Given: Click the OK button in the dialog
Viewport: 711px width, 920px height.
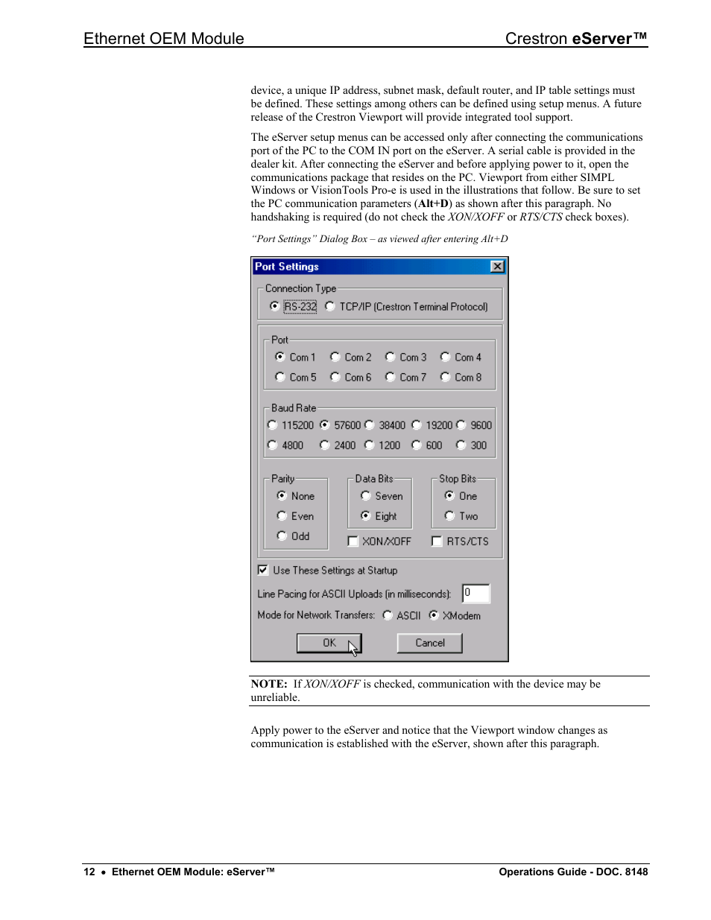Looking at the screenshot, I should [x=329, y=643].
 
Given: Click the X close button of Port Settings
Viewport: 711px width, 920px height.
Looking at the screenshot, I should [x=497, y=267].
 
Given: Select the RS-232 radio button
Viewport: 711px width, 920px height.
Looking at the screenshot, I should [x=275, y=306].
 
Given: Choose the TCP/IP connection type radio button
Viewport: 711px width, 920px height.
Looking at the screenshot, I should [x=330, y=306].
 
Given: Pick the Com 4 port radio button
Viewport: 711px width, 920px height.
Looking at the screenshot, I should [x=445, y=357].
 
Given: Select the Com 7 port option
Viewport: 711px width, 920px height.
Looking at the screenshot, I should [x=390, y=377].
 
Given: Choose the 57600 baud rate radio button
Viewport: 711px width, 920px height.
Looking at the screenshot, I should [x=324, y=425].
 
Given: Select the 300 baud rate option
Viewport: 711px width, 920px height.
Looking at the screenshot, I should [x=461, y=445].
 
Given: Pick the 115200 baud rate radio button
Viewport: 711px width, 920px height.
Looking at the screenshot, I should [x=272, y=425].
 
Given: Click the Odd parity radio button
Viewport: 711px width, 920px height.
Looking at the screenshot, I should [x=282, y=536].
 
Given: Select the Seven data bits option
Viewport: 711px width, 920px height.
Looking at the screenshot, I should [x=365, y=495].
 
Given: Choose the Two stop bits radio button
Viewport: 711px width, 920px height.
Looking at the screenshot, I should [x=449, y=515].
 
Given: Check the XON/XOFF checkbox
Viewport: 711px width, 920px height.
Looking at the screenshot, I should [x=353, y=542].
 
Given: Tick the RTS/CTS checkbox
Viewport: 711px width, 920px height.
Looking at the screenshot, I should [x=437, y=542].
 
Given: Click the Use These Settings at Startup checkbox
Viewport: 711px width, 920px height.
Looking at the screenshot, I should [x=263, y=570].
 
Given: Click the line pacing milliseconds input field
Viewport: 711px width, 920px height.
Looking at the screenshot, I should [x=475, y=593].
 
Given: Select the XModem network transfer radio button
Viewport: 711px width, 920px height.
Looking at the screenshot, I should [x=433, y=615].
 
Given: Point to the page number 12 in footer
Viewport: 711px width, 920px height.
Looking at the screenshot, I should [x=89, y=872].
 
